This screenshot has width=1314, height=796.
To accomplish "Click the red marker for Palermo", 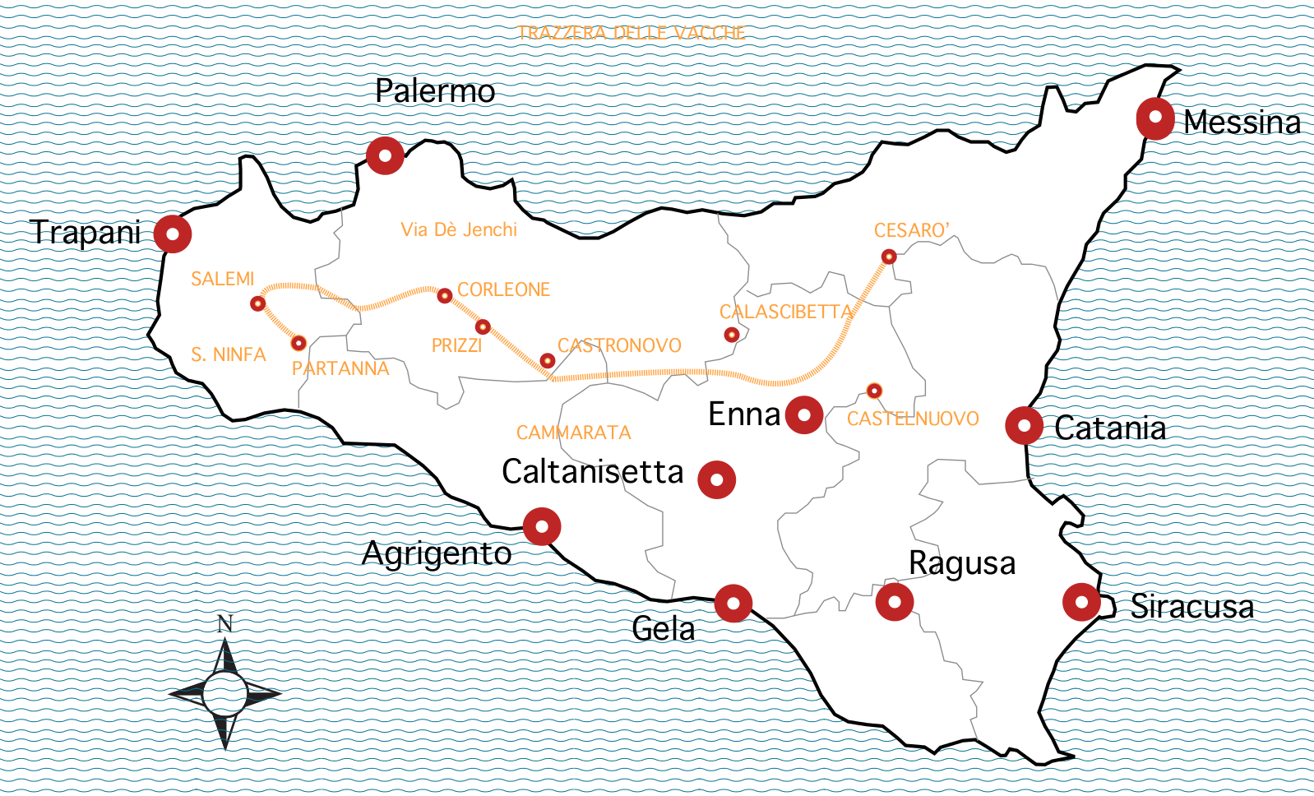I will click(385, 155).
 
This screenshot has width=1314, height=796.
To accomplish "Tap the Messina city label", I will click(1242, 123).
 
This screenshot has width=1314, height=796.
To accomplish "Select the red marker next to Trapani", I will click(173, 234).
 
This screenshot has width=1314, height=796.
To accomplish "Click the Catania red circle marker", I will click(1025, 425).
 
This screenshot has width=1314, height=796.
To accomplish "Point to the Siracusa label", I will click(1191, 607).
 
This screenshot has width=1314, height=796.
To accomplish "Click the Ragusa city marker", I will click(895, 601).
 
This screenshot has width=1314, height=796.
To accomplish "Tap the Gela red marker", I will click(733, 604).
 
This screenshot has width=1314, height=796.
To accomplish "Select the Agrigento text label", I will click(437, 554).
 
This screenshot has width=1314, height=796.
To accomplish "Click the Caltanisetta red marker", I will click(717, 479).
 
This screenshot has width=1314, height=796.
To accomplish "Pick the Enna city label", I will click(743, 414).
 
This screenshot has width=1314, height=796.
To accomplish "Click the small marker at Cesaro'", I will click(889, 257).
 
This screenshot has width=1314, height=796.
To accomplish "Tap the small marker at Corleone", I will click(445, 295).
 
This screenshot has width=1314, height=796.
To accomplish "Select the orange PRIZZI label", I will click(456, 345).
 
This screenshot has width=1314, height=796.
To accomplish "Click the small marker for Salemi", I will click(258, 303).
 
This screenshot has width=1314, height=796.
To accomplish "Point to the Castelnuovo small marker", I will click(875, 391).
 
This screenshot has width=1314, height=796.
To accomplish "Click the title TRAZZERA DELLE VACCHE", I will click(631, 33).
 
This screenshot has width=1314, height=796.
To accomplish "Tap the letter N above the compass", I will click(225, 624).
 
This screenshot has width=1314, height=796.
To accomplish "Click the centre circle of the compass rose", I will click(224, 693).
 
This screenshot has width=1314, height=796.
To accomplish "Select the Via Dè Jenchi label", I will click(459, 230).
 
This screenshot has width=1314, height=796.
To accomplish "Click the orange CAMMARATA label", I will click(573, 433).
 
